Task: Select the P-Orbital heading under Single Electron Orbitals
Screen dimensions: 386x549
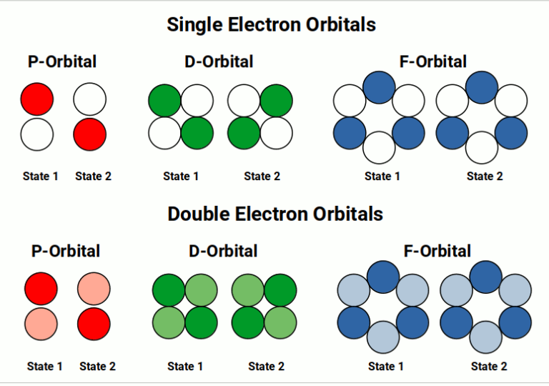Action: point(62,61)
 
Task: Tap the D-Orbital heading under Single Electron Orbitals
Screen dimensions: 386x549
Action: point(219,61)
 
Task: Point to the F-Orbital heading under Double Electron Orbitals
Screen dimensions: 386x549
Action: point(437,251)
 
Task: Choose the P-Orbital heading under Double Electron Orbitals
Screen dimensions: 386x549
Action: point(66,251)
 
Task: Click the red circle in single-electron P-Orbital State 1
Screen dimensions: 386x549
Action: point(37,99)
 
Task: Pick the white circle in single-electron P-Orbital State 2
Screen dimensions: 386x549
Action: point(90,99)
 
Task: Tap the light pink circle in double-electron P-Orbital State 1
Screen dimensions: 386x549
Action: point(41,323)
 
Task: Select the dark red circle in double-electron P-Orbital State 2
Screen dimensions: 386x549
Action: point(94,323)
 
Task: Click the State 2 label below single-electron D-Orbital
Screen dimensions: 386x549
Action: point(262,176)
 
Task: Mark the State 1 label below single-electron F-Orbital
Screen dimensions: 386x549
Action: point(383,176)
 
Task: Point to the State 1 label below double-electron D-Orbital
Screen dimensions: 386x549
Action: point(185,366)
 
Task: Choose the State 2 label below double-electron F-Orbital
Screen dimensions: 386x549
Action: point(489,366)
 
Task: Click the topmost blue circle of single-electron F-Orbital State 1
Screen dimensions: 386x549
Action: point(380,86)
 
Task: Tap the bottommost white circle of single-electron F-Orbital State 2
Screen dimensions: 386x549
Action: point(482,148)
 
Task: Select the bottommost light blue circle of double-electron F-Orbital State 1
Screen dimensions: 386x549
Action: point(383,337)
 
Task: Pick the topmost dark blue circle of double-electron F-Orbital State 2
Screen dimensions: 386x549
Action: point(485,277)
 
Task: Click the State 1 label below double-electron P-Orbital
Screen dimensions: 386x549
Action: point(45,366)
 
